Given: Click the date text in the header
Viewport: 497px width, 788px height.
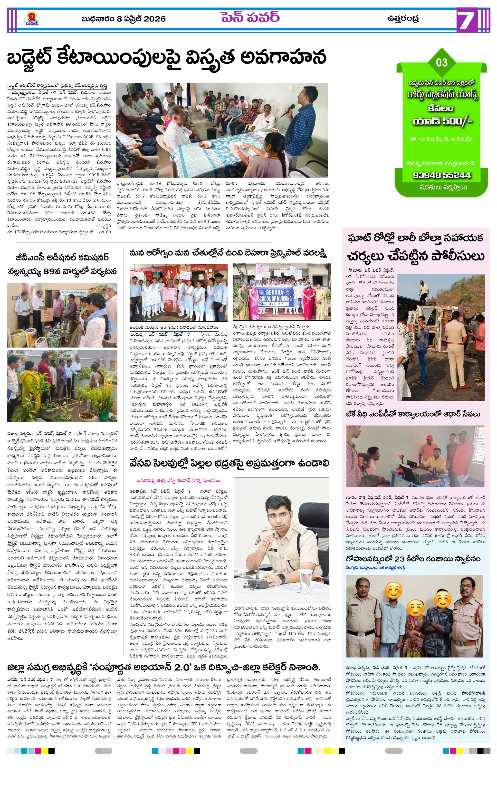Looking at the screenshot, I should point(123,19).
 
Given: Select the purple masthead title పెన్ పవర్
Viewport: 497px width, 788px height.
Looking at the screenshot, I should point(250,17).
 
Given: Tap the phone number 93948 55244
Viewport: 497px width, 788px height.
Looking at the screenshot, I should point(442,175).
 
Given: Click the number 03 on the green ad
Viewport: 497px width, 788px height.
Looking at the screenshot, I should point(441,62).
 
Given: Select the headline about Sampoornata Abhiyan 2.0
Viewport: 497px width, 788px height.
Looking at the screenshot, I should point(163,667).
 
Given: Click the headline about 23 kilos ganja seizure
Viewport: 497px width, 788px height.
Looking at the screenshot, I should point(413,559).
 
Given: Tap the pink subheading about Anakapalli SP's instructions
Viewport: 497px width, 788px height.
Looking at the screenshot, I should point(178,481).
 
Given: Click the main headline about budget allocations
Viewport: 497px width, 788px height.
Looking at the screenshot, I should point(167,57).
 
